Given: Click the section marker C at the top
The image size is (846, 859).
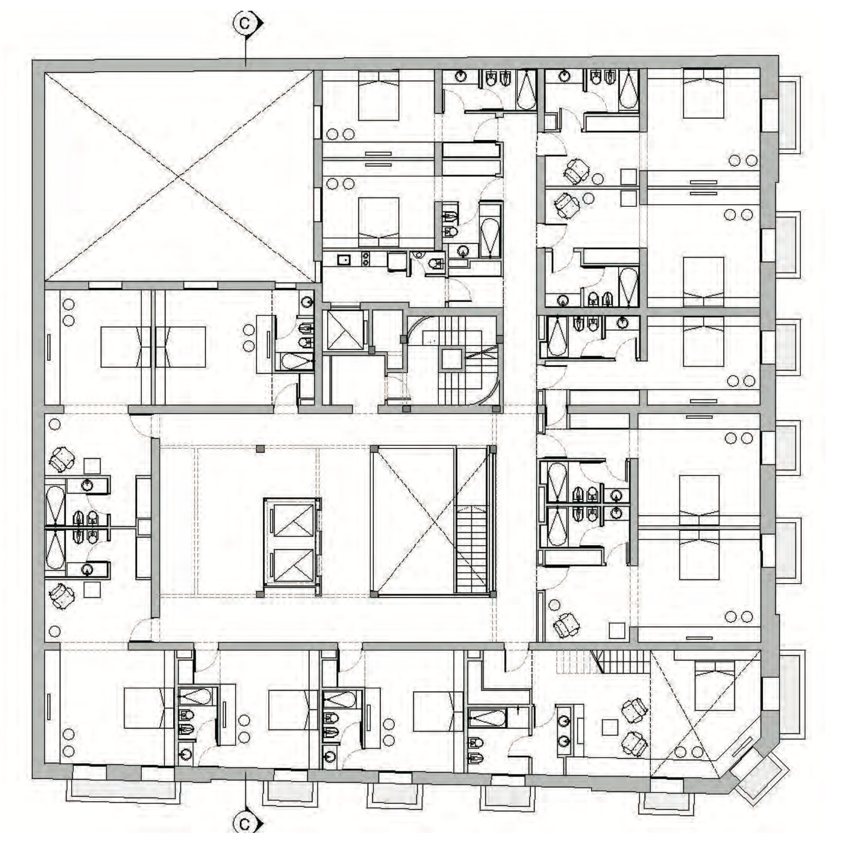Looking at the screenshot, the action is [246, 24].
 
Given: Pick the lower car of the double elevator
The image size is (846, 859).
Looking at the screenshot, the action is [293, 566].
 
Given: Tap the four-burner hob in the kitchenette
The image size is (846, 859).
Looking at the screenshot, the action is [366, 259].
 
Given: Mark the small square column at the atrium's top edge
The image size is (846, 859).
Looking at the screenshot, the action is [260, 449].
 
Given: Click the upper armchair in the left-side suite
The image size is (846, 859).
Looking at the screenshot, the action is [61, 459].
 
